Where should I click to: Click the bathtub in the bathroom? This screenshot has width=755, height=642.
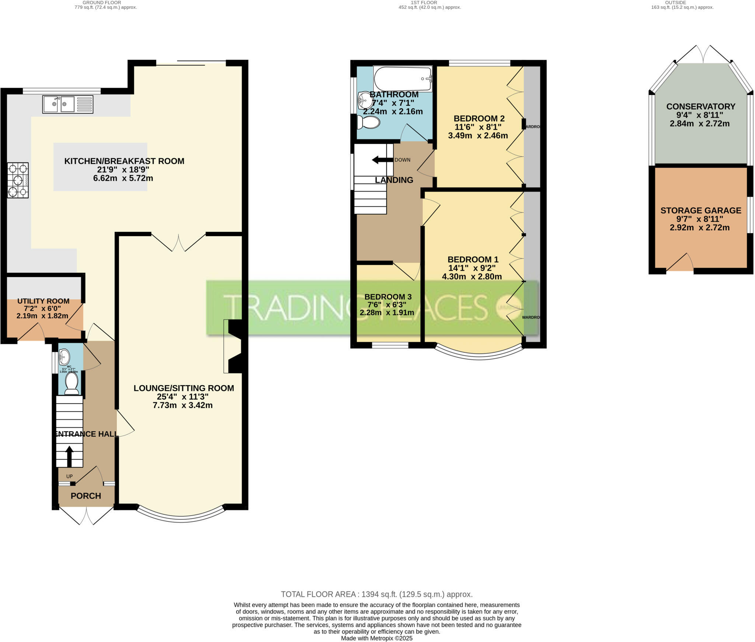(403, 78)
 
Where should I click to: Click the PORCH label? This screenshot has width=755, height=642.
(86, 496)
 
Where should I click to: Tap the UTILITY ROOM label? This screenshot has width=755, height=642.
(43, 301)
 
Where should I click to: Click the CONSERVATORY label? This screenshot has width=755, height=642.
(701, 107)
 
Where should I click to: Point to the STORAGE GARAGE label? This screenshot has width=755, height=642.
(701, 210)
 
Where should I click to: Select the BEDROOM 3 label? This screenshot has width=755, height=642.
(388, 297)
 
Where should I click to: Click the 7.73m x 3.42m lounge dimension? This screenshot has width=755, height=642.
(182, 405)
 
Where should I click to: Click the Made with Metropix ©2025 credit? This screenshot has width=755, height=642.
(376, 638)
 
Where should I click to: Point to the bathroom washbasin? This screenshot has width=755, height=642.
(365, 100)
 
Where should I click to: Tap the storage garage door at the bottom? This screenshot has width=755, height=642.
(680, 264)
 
